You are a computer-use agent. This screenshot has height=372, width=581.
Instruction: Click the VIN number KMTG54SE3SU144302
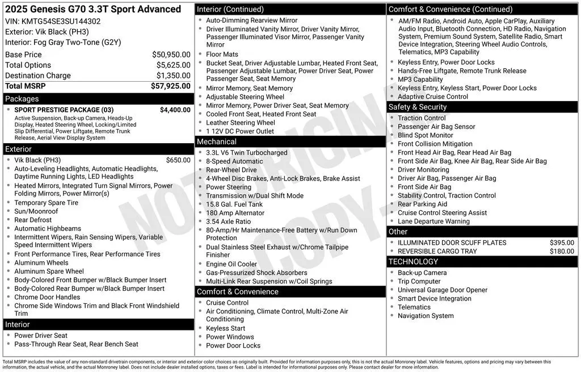click(x=61, y=22)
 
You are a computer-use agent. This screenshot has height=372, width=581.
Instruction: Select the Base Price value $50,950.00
click(x=171, y=55)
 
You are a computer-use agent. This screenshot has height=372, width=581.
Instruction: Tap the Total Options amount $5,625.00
click(x=173, y=65)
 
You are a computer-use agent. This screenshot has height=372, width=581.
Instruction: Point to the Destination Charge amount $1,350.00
click(x=173, y=76)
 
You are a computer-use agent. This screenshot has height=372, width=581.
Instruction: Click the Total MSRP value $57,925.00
click(x=170, y=86)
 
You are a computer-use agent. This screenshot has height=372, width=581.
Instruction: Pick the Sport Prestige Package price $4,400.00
click(x=175, y=110)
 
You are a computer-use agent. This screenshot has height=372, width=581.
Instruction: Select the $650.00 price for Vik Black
click(x=178, y=160)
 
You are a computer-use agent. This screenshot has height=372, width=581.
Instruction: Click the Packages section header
click(x=22, y=99)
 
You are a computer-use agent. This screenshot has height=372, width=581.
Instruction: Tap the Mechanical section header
click(x=216, y=141)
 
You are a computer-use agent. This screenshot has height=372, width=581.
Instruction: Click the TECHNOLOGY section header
click(x=413, y=262)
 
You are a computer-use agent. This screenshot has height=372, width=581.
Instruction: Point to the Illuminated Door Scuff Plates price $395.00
click(x=562, y=243)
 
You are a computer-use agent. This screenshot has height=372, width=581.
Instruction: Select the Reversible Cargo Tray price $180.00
click(x=562, y=251)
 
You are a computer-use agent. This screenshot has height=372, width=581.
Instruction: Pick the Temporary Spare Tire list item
click(x=47, y=203)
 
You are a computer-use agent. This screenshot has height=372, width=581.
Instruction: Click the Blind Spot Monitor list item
click(x=426, y=135)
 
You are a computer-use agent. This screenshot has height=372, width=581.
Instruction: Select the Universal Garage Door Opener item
click(x=443, y=290)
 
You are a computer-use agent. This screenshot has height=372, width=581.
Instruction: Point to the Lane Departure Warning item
click(x=433, y=221)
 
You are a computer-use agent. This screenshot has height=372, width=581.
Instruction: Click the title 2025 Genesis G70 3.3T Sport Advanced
click(x=93, y=9)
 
